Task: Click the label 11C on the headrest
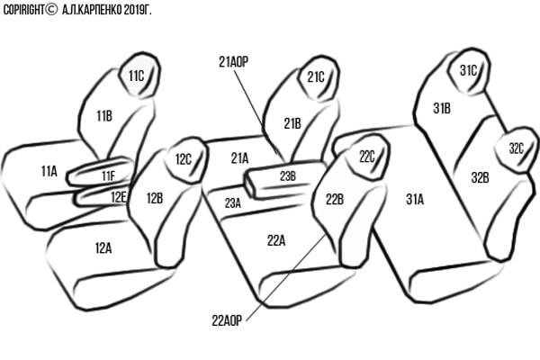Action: (x=136, y=76)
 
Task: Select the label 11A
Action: (x=49, y=169)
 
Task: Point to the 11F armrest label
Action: (x=108, y=175)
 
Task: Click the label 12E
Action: (x=119, y=195)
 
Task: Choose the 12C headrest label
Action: (x=184, y=159)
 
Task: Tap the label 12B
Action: (x=155, y=198)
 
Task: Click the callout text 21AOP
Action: (x=233, y=62)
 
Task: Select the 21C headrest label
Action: (x=315, y=76)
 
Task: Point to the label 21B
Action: (x=292, y=123)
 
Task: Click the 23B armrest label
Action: (x=287, y=175)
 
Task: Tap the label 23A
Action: (x=232, y=202)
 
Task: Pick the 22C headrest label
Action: (x=366, y=156)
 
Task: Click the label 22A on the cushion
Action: (x=276, y=239)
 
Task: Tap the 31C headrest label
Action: (x=468, y=69)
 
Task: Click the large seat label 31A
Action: (x=415, y=200)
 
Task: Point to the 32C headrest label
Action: (x=516, y=148)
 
